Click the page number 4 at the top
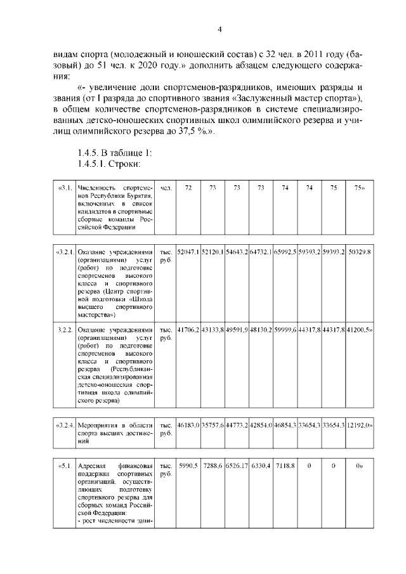(x=219, y=30)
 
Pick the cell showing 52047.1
(x=188, y=252)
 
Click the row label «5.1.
(x=64, y=466)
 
